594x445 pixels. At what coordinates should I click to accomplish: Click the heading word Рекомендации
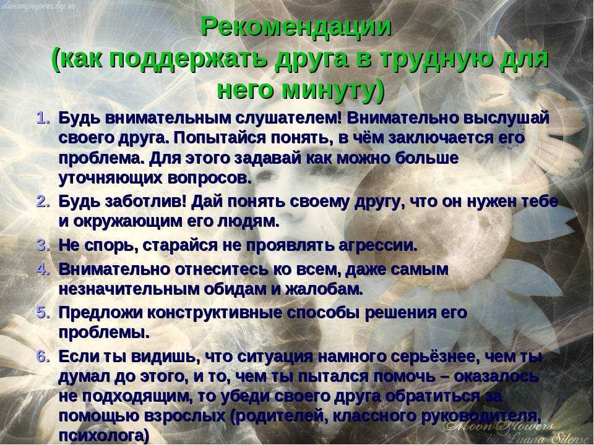coord(296,27)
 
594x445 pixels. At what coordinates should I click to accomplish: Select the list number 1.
coord(43,117)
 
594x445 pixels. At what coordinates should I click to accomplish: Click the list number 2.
coord(43,201)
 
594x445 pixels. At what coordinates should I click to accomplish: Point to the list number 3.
coord(43,245)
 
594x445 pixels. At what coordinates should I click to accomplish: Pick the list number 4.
coord(43,269)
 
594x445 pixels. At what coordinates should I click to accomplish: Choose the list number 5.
coord(43,313)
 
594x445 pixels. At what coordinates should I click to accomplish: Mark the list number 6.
coord(43,357)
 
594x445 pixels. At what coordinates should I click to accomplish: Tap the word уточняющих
coord(110,178)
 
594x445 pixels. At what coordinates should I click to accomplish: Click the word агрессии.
coord(377,245)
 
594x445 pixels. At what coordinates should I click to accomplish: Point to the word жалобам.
coord(324,289)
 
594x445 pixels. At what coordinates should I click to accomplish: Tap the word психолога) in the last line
coord(104,435)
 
